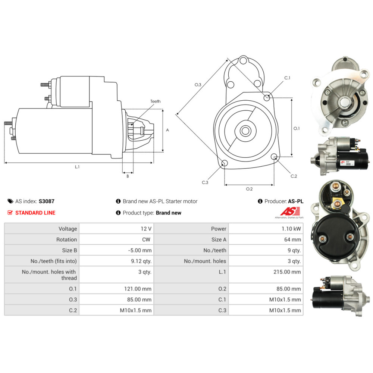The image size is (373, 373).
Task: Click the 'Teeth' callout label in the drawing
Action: click(156, 101)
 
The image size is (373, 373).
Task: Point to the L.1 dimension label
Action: click(77, 167)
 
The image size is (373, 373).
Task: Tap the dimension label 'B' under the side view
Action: click(128, 176)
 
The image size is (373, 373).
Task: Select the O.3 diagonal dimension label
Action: click(198, 85)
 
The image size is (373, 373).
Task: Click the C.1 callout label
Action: click(287, 78)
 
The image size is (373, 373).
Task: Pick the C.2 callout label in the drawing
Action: click(294, 176)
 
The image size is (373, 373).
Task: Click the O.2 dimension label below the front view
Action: click(249, 189)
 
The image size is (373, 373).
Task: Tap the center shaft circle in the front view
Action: click(245, 131)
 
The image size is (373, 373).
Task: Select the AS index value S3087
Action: click(47, 201)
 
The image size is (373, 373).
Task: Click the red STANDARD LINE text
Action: click(35, 213)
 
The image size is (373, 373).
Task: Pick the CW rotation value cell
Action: click(146, 239)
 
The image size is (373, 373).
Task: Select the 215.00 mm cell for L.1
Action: click(287, 272)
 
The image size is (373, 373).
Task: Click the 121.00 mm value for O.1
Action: click(138, 289)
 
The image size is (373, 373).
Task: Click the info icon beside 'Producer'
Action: click(260, 201)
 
